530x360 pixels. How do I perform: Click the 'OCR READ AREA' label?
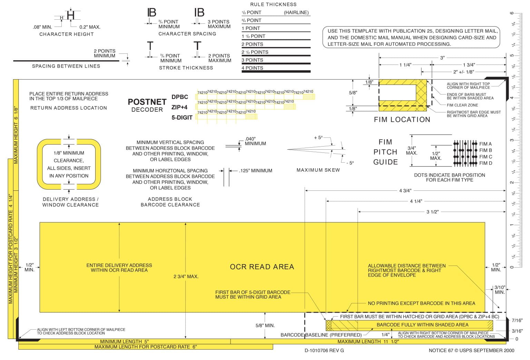click(x=262, y=267)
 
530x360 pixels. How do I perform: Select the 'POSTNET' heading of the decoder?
click(x=147, y=102)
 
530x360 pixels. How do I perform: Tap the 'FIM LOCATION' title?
click(x=402, y=120)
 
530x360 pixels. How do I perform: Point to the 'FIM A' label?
click(x=485, y=144)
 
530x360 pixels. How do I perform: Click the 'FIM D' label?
click(x=485, y=163)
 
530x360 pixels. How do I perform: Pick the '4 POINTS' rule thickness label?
click(x=252, y=68)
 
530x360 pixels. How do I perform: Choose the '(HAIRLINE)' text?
click(x=296, y=13)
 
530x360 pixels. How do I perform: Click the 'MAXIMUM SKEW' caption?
click(x=318, y=170)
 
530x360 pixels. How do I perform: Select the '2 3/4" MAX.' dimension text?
click(x=186, y=277)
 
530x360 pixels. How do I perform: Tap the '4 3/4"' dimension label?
click(x=405, y=191)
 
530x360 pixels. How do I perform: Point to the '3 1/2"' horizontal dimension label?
click(x=432, y=212)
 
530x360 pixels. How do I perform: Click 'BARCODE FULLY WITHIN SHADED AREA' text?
click(x=422, y=325)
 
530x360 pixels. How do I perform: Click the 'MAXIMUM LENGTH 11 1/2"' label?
click(x=368, y=341)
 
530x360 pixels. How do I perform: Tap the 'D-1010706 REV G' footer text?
click(x=324, y=351)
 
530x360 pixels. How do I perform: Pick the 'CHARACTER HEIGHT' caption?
click(x=67, y=34)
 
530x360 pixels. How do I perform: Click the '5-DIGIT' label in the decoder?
click(x=182, y=118)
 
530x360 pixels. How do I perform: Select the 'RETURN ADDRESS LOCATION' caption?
click(x=69, y=108)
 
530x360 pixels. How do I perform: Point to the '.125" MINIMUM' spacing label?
click(x=255, y=171)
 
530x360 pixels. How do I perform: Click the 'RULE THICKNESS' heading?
click(x=273, y=4)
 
